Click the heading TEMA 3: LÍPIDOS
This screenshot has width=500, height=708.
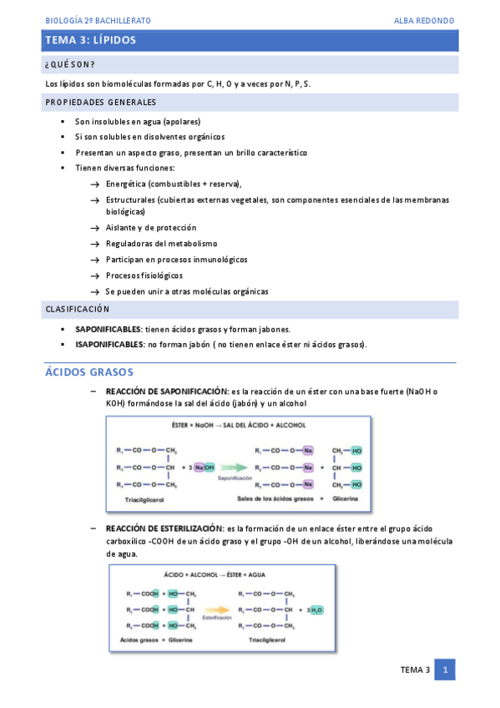(x=91, y=40)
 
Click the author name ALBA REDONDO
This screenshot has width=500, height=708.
(x=424, y=20)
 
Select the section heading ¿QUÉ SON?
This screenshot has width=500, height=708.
(x=69, y=64)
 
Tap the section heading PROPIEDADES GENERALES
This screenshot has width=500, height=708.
(x=100, y=102)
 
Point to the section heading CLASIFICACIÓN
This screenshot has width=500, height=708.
(x=77, y=310)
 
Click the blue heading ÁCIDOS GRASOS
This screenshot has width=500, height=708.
(x=88, y=372)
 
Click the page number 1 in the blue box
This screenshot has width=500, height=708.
(x=445, y=670)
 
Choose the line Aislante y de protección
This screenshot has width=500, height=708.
(x=151, y=227)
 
